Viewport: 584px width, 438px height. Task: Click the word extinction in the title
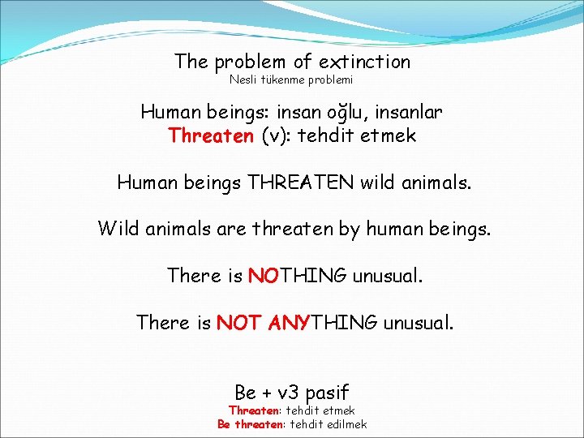coord(364,62)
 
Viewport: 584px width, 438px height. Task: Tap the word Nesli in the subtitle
coord(242,79)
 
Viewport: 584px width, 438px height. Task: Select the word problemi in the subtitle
coord(328,79)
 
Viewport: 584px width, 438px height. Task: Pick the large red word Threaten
coord(211,135)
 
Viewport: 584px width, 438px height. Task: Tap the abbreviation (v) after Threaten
coord(276,135)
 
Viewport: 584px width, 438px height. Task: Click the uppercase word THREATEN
coord(299,182)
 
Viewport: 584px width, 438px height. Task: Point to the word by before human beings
coord(349,229)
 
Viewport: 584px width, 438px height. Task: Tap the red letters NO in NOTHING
coord(264,276)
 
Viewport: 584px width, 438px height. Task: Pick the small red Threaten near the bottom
coord(254,411)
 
